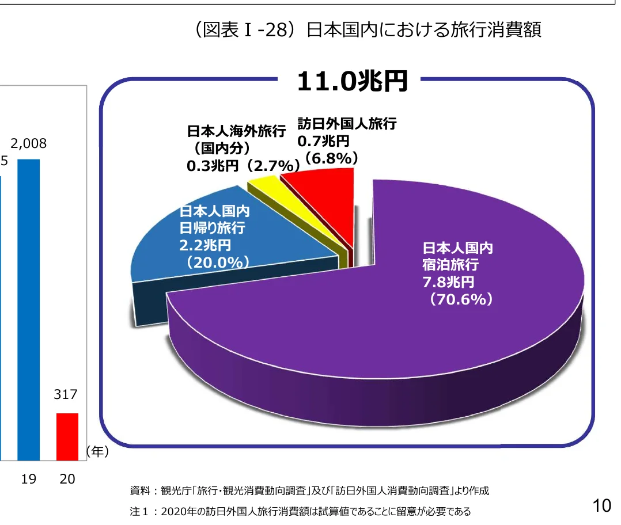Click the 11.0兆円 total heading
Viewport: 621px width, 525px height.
(x=352, y=82)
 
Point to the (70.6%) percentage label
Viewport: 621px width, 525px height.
(x=458, y=299)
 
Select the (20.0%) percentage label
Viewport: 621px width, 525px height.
(x=214, y=262)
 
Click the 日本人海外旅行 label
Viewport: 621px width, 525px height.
(x=236, y=131)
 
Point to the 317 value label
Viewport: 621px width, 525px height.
(x=67, y=395)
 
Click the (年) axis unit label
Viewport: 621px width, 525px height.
(x=97, y=452)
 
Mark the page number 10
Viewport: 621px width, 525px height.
(x=601, y=506)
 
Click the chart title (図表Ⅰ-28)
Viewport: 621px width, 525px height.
(x=368, y=30)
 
